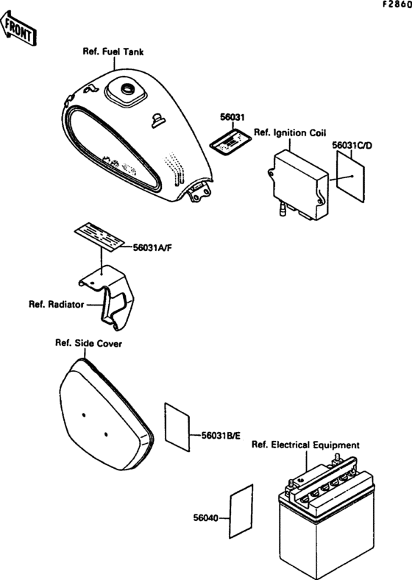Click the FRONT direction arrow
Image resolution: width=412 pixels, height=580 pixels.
point(18,28)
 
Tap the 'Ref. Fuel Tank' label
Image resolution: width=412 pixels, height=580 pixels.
point(113,52)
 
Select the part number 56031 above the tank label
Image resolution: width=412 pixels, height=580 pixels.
point(232,117)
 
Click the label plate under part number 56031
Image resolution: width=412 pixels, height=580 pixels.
point(230,141)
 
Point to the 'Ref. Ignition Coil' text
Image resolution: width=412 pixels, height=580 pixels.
point(290,132)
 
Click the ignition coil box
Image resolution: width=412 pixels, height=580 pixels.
point(298,184)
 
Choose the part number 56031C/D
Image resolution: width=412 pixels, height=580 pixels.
point(352,146)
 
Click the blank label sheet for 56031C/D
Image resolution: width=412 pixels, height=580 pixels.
point(351,176)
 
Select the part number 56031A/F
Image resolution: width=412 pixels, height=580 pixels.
point(152,247)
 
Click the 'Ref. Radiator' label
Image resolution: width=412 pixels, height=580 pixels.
point(57,305)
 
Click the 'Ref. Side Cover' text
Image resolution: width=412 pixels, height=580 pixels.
point(88,343)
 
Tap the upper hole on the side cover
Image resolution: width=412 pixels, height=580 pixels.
point(84,415)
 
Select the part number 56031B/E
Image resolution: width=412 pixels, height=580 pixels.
point(221,436)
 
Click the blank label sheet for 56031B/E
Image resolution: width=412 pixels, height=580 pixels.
point(177,427)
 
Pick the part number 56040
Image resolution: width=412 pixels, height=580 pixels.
point(205,518)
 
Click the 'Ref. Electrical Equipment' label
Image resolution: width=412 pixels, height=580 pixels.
point(305,445)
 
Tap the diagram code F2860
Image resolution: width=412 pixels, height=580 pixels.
point(397,5)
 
